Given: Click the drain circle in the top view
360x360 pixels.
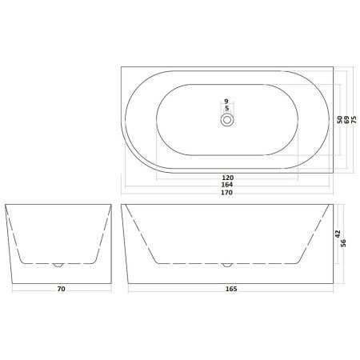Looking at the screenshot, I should point(228,119).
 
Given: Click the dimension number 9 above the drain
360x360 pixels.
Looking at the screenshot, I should point(228,101).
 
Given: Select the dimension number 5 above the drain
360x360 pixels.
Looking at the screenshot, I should point(228,108).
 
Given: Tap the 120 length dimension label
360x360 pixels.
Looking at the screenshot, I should point(228,178).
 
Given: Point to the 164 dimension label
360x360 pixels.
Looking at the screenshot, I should point(228,185).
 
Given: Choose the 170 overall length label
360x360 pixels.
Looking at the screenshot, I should point(228,193).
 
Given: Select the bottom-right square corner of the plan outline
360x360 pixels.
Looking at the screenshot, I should point(332,170).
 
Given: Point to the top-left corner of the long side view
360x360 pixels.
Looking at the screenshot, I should point(122,206).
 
